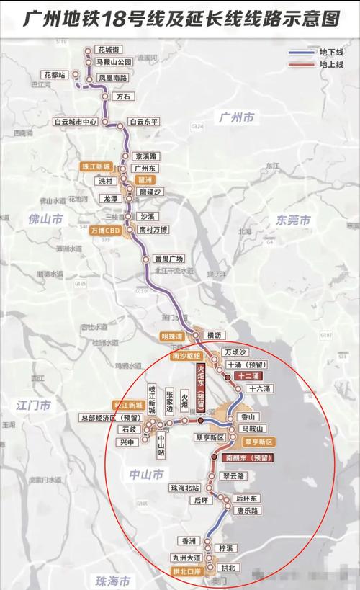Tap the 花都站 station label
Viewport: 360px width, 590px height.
pos(55,74)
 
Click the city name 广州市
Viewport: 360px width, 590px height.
pos(238,117)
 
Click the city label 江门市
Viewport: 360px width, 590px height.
pos(35,406)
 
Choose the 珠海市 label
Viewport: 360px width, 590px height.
pos(115,581)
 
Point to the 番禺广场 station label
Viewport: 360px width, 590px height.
pos(169,259)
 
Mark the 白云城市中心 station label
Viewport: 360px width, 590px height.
pos(76,122)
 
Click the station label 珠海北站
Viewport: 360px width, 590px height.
pos(185,488)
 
